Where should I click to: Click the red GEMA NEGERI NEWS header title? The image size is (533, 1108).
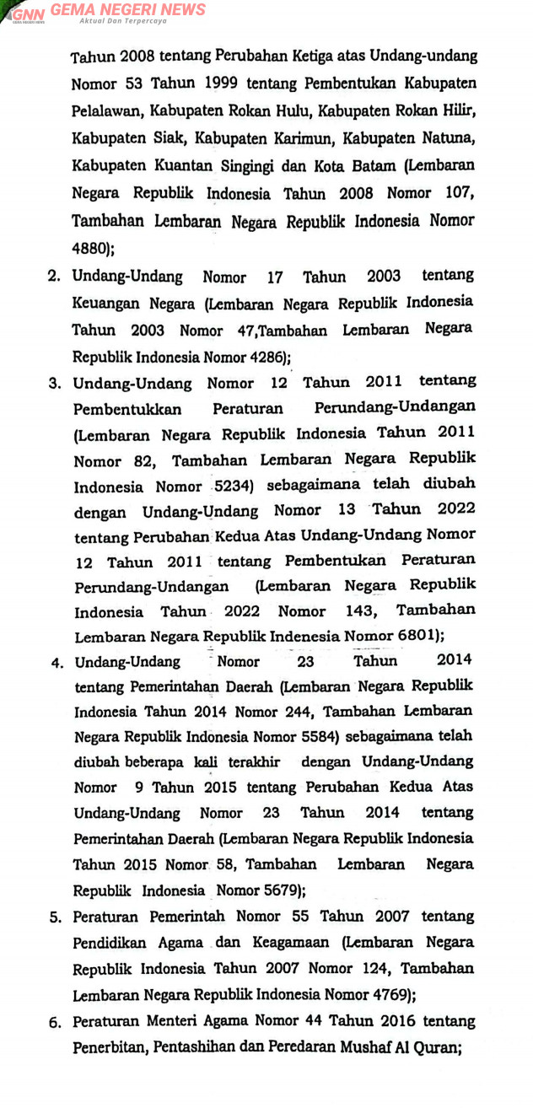pyautogui.click(x=127, y=9)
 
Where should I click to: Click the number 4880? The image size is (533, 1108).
pyautogui.click(x=89, y=249)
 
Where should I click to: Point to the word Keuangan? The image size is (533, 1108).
pyautogui.click(x=106, y=303)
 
